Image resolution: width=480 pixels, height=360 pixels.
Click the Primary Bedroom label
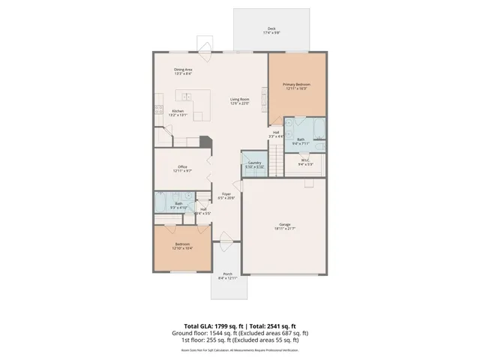coord(296,85)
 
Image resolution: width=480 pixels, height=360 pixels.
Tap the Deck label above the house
coord(271,31)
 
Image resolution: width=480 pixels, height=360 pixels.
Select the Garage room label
coord(284,223)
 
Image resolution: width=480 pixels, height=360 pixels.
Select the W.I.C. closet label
coord(305,160)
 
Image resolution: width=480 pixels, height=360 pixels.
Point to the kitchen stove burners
coord(160,109)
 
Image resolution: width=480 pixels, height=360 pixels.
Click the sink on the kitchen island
coord(182,95)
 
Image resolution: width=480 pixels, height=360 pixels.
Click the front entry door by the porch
coord(226,241)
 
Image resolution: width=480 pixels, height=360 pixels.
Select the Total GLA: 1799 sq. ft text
coord(205,317)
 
